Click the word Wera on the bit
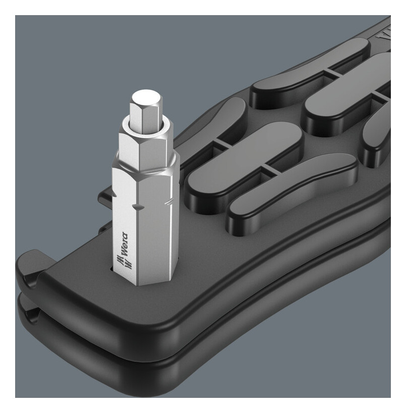(125, 244)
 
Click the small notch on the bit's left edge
(114, 194)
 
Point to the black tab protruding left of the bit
(105, 196)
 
